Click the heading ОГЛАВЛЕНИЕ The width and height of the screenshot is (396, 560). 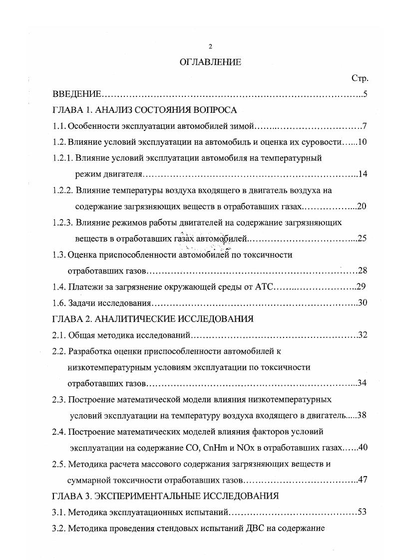click(210, 62)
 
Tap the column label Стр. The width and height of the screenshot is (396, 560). click(360, 78)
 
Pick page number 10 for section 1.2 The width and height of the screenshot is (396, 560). click(363, 142)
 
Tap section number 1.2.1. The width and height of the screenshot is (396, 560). click(63, 158)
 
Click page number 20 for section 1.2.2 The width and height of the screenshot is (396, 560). click(363, 206)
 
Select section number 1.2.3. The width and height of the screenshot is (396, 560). click(63, 222)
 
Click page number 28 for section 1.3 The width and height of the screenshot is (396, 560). click(363, 271)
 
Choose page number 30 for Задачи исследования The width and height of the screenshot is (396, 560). click(363, 302)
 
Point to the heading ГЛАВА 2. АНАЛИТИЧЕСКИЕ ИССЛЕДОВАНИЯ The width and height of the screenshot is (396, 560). click(153, 318)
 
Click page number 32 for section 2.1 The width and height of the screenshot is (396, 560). click(363, 334)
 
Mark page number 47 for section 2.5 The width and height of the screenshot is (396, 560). click(363, 480)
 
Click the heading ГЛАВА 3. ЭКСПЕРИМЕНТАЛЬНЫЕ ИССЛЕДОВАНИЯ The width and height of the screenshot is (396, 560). click(165, 496)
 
